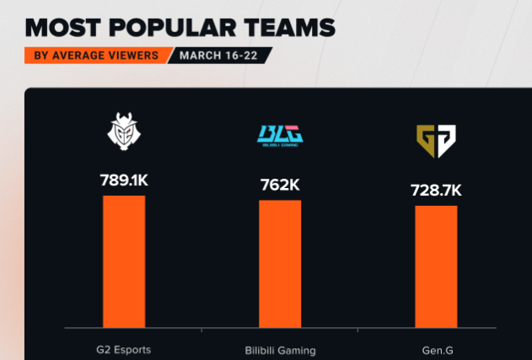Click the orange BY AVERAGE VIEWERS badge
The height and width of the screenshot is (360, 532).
[95, 56]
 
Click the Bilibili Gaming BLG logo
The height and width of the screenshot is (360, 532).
[280, 136]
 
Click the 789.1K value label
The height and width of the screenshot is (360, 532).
[124, 180]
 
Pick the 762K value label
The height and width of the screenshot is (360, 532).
[280, 185]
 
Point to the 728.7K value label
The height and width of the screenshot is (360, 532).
[436, 190]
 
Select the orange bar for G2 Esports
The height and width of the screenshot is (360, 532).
[124, 261]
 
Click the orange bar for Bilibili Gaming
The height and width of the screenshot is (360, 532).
[280, 264]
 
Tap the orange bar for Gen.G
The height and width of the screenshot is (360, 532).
[436, 266]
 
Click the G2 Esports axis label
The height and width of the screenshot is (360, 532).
[124, 349]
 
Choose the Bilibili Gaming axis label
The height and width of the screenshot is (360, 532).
[280, 349]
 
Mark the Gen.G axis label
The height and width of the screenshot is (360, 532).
[436, 349]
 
